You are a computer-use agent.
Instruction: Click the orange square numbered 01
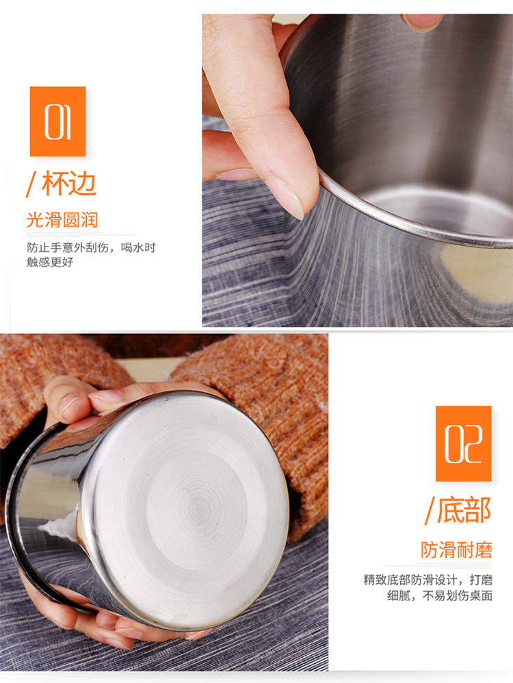pos(57,121)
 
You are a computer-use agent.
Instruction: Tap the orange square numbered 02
pos(463,443)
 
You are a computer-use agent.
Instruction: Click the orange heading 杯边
pos(69,184)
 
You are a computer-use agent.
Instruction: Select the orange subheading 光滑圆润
pos(62,220)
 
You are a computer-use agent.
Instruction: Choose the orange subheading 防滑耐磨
pos(457,550)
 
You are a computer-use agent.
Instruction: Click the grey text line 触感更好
pos(50,262)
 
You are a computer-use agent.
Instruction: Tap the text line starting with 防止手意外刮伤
pos(91,247)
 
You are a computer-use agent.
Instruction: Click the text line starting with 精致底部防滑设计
pos(428,580)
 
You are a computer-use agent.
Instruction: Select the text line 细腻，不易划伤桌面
pos(440,596)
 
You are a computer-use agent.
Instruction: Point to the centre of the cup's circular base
pos(199,509)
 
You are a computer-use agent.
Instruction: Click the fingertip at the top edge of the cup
pos(422,22)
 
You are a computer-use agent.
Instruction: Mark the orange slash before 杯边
pos(31,184)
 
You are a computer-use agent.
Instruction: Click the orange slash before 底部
pos(430,511)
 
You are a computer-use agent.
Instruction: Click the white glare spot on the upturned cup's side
pos(59,525)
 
